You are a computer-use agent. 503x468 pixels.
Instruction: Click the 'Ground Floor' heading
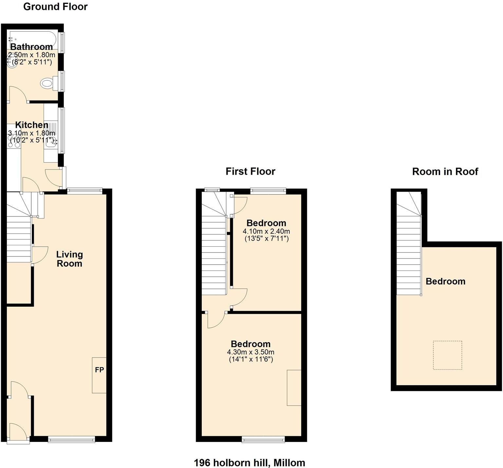(55, 7)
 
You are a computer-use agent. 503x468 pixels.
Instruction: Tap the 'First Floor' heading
(250, 171)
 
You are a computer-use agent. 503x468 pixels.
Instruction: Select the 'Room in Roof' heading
(445, 171)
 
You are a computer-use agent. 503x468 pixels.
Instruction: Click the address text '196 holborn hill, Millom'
(250, 463)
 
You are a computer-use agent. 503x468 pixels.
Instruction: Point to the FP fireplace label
(99, 370)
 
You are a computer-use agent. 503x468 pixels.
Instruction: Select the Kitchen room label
(32, 125)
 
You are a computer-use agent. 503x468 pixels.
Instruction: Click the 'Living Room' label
(69, 259)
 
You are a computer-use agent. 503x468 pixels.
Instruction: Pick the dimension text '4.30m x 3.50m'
(251, 352)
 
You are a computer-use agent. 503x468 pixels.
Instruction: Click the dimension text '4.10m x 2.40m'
(266, 231)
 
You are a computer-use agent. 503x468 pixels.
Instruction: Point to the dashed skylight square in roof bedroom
(447, 355)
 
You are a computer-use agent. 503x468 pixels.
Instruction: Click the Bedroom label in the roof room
(445, 281)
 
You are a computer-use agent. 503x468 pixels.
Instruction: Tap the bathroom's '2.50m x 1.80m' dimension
(31, 55)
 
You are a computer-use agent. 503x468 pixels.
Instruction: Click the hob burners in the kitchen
(14, 142)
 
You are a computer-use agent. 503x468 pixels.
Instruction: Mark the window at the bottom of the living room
(71, 440)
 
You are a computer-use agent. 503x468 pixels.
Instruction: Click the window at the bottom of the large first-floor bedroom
(263, 440)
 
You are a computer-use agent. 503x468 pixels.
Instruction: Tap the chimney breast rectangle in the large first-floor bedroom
(294, 388)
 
